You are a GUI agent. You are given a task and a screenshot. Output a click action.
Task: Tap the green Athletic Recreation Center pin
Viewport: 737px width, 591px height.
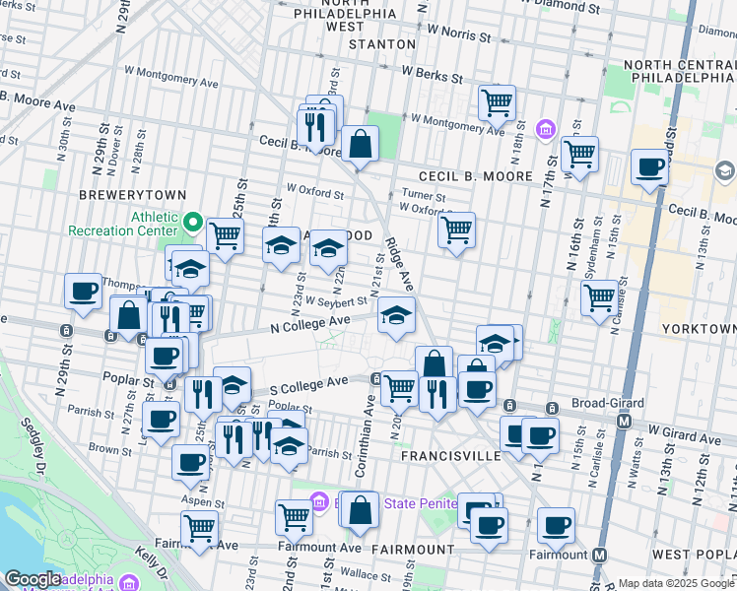[x=194, y=223]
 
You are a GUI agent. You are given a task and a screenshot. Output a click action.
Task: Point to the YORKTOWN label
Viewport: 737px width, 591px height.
[x=700, y=328]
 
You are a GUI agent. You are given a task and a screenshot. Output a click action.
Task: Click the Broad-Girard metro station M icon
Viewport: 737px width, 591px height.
[x=624, y=421]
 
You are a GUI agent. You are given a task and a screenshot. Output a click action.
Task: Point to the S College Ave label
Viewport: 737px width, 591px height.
[x=310, y=381]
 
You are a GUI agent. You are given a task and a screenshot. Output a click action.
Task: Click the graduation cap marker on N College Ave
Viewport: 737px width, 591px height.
[x=396, y=315]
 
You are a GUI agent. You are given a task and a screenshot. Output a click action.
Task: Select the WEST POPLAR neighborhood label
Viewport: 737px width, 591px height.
[x=694, y=555]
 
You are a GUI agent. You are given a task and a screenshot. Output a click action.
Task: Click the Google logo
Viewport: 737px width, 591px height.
[x=33, y=579]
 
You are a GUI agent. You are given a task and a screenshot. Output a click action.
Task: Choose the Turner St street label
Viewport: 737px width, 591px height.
[x=424, y=195]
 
